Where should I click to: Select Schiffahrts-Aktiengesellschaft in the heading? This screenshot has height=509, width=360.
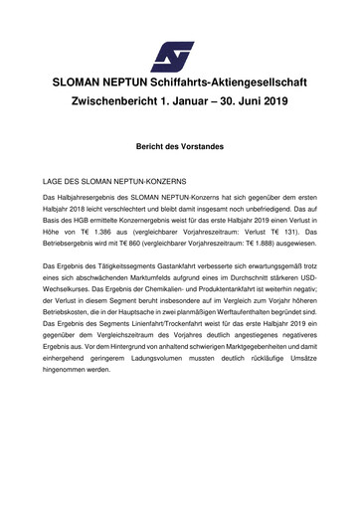pyautogui.click(x=240, y=82)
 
